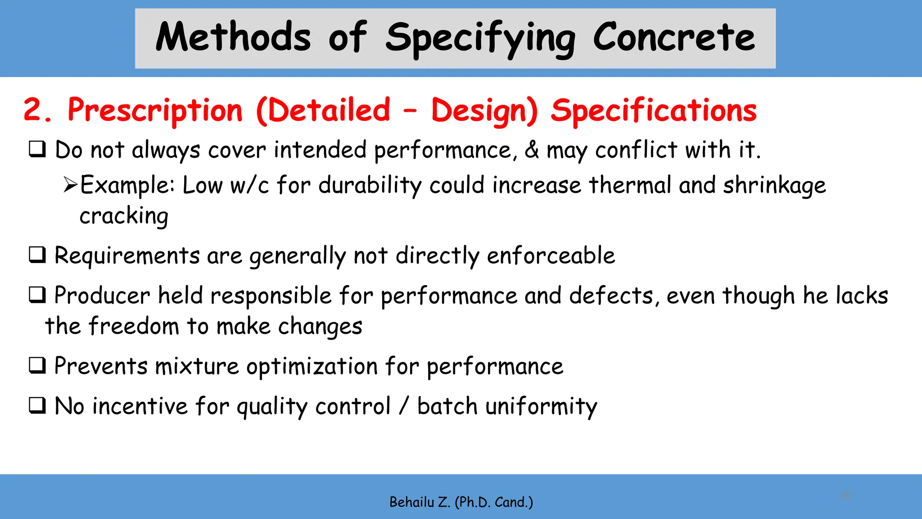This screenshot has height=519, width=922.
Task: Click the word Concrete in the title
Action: pyautogui.click(x=673, y=38)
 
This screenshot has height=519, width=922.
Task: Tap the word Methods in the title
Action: pyautogui.click(x=233, y=38)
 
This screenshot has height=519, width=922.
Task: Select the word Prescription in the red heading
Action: pyautogui.click(x=155, y=110)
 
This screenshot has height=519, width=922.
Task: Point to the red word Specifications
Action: pyautogui.click(x=654, y=110)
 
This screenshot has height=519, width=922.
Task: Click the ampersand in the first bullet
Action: pyautogui.click(x=532, y=150)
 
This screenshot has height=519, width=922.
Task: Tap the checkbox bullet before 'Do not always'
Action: pyautogui.click(x=37, y=149)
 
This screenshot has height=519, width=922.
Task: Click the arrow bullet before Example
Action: pyautogui.click(x=71, y=185)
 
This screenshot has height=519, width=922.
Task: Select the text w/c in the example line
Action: pyautogui.click(x=249, y=185)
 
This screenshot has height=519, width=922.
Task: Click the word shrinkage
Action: pyautogui.click(x=774, y=186)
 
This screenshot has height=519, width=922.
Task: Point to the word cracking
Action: pyautogui.click(x=124, y=216)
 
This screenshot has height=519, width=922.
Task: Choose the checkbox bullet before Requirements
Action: pyautogui.click(x=37, y=255)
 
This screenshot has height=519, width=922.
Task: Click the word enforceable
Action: pyautogui.click(x=551, y=255)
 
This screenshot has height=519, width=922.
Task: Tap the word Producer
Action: pyautogui.click(x=102, y=296)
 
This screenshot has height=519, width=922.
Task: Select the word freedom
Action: pyautogui.click(x=134, y=326)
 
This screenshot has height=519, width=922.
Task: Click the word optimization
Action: pyautogui.click(x=312, y=366)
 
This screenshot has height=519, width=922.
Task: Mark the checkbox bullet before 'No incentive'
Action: pyautogui.click(x=37, y=405)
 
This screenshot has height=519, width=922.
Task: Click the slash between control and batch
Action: pyautogui.click(x=404, y=405)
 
